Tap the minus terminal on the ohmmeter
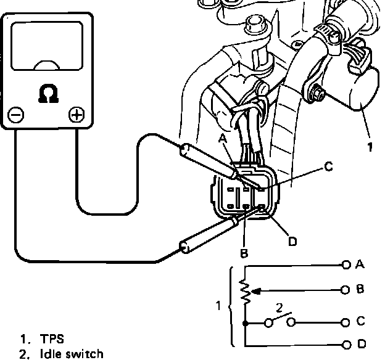[x=16, y=115]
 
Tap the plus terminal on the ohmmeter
[x=76, y=115]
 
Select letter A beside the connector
[x=223, y=139]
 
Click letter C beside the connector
[x=328, y=166]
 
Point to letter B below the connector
[x=244, y=253]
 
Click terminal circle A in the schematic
[x=346, y=264]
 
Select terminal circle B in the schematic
[x=346, y=288]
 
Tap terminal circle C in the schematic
[x=346, y=321]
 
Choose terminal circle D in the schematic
[x=346, y=344]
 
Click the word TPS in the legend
[x=52, y=339]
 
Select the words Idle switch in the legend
[x=71, y=354]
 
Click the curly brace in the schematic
[x=230, y=306]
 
